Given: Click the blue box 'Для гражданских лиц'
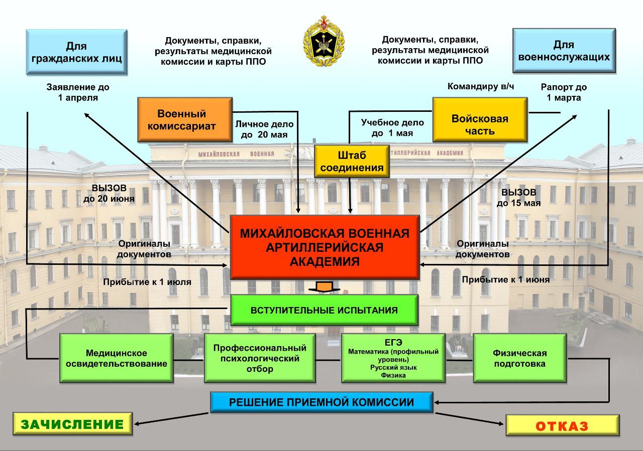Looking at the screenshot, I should [x=76, y=52].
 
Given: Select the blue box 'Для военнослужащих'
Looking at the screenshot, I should [x=564, y=51].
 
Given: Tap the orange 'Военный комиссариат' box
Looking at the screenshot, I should [x=185, y=119].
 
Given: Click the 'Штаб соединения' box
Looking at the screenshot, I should [x=352, y=161].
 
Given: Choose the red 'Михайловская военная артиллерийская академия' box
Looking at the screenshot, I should [x=325, y=247].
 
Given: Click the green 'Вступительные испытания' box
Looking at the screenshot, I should [x=324, y=310].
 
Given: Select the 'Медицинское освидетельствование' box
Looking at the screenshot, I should [x=117, y=358].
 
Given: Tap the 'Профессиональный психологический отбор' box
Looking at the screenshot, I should [x=260, y=358].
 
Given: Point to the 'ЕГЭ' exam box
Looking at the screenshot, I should [x=393, y=358].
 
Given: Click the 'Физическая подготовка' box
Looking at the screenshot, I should [x=519, y=358].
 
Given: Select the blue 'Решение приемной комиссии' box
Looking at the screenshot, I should [x=321, y=402].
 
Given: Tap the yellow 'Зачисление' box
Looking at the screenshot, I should [x=72, y=424].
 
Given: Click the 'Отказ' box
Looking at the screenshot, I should [x=562, y=426].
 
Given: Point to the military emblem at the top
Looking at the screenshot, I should [x=324, y=42].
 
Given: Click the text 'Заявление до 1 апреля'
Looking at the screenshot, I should [x=78, y=92].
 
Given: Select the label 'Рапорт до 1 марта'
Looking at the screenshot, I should [x=564, y=92].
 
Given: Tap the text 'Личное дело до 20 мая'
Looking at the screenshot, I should [x=264, y=129].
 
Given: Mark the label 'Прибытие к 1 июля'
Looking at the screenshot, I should [x=147, y=282].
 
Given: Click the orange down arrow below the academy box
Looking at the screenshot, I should [x=325, y=286].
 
